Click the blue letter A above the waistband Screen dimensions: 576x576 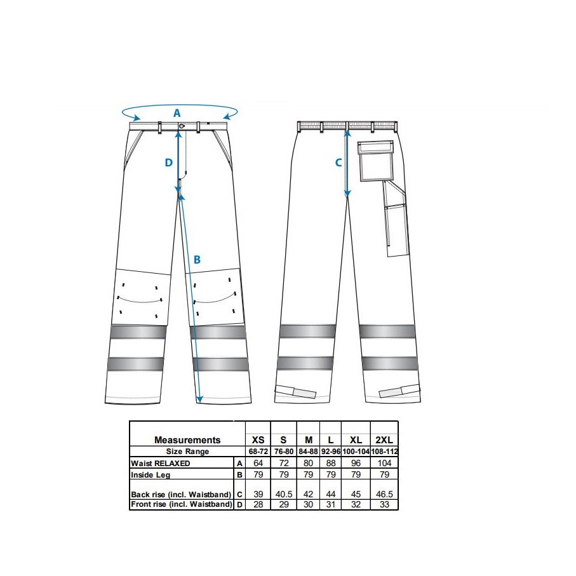click(177, 113)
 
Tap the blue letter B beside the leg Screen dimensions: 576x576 click(197, 260)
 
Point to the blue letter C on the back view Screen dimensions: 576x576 click(338, 163)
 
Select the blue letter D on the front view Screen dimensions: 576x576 click(169, 163)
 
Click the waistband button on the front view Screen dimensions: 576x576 click(182, 126)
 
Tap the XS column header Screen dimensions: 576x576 click(258, 439)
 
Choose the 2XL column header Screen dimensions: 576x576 click(384, 439)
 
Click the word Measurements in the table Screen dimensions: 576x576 click(187, 439)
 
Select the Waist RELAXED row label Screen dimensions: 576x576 click(161, 463)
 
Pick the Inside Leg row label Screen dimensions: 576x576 click(151, 474)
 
